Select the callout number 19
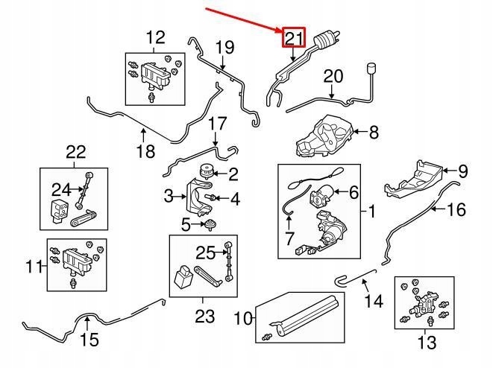coord(224,48)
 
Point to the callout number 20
coord(333,76)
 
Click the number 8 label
coord(373,133)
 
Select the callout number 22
coord(76,153)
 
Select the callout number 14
coord(373,302)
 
